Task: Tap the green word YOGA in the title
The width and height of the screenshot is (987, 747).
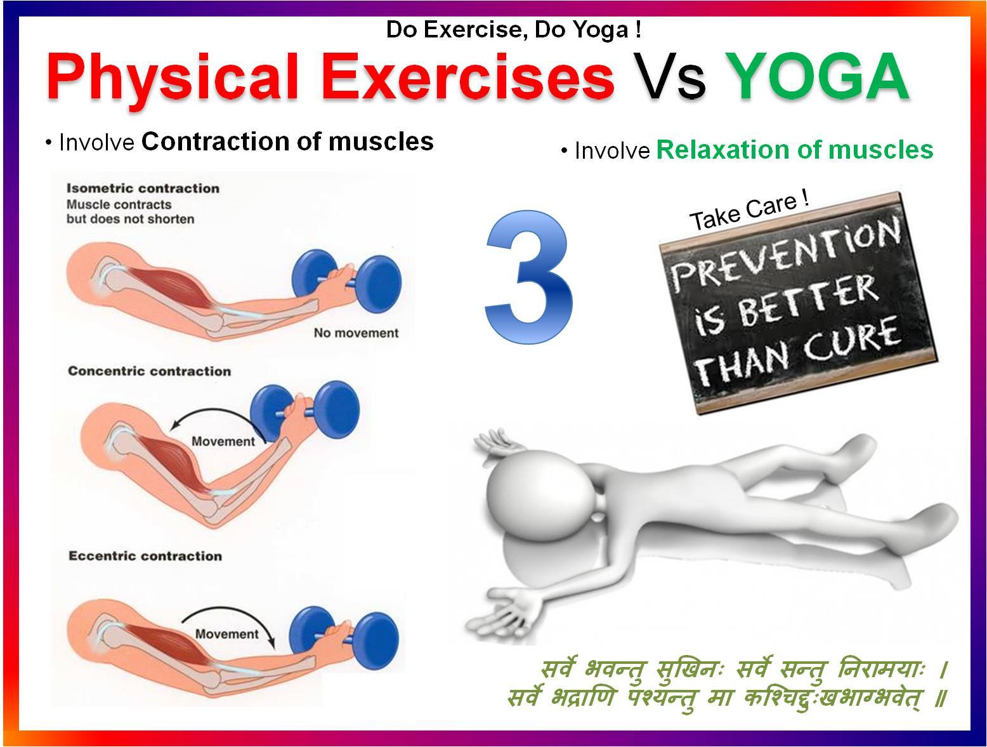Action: coord(818,76)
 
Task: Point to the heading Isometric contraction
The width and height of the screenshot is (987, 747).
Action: coord(143,188)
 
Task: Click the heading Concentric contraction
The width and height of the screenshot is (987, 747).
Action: coord(149,371)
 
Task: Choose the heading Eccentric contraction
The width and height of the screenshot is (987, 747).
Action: coord(145,556)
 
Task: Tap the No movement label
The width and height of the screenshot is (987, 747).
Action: coord(356,333)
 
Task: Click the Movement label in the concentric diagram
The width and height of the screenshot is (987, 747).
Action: coord(223,441)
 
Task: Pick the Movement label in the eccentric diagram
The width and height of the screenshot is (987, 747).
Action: coord(226,634)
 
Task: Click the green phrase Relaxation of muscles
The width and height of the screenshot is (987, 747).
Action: coord(795,150)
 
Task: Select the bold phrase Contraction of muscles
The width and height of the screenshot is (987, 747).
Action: coord(288,142)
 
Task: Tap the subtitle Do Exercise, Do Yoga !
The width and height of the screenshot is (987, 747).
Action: coord(514,30)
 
